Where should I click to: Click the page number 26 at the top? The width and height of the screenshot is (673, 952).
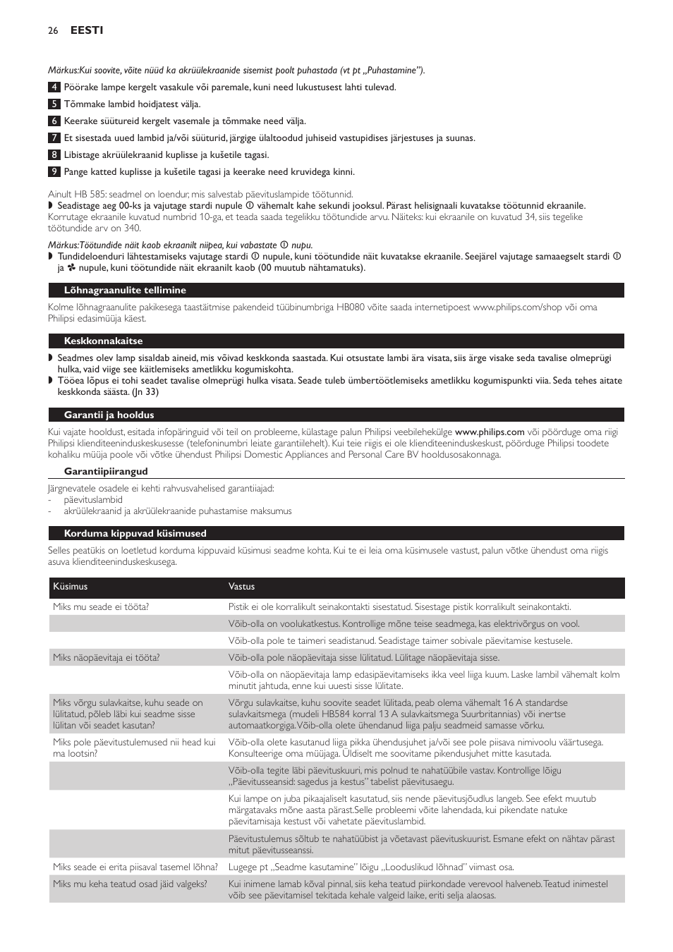coord(52,30)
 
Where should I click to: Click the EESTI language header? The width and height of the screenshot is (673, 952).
coord(86,30)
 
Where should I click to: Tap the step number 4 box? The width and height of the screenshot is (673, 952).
coord(54,87)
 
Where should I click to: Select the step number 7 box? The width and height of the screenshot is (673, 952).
coord(54,138)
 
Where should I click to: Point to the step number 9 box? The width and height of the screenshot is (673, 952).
coord(54,172)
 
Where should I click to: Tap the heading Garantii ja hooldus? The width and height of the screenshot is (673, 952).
coord(109,415)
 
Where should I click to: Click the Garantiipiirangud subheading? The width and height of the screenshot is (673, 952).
coord(106,472)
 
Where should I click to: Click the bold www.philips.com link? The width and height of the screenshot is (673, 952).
coord(489,432)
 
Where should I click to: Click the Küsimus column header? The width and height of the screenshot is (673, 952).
coord(70,587)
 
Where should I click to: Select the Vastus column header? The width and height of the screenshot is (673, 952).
coord(241,587)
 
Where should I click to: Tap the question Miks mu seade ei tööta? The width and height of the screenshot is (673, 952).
coord(101,607)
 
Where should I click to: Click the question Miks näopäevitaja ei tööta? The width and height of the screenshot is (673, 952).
coord(106,658)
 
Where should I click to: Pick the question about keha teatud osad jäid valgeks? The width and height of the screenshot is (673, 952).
coord(130,884)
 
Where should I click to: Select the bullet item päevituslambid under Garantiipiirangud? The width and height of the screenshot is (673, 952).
coord(95,500)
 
